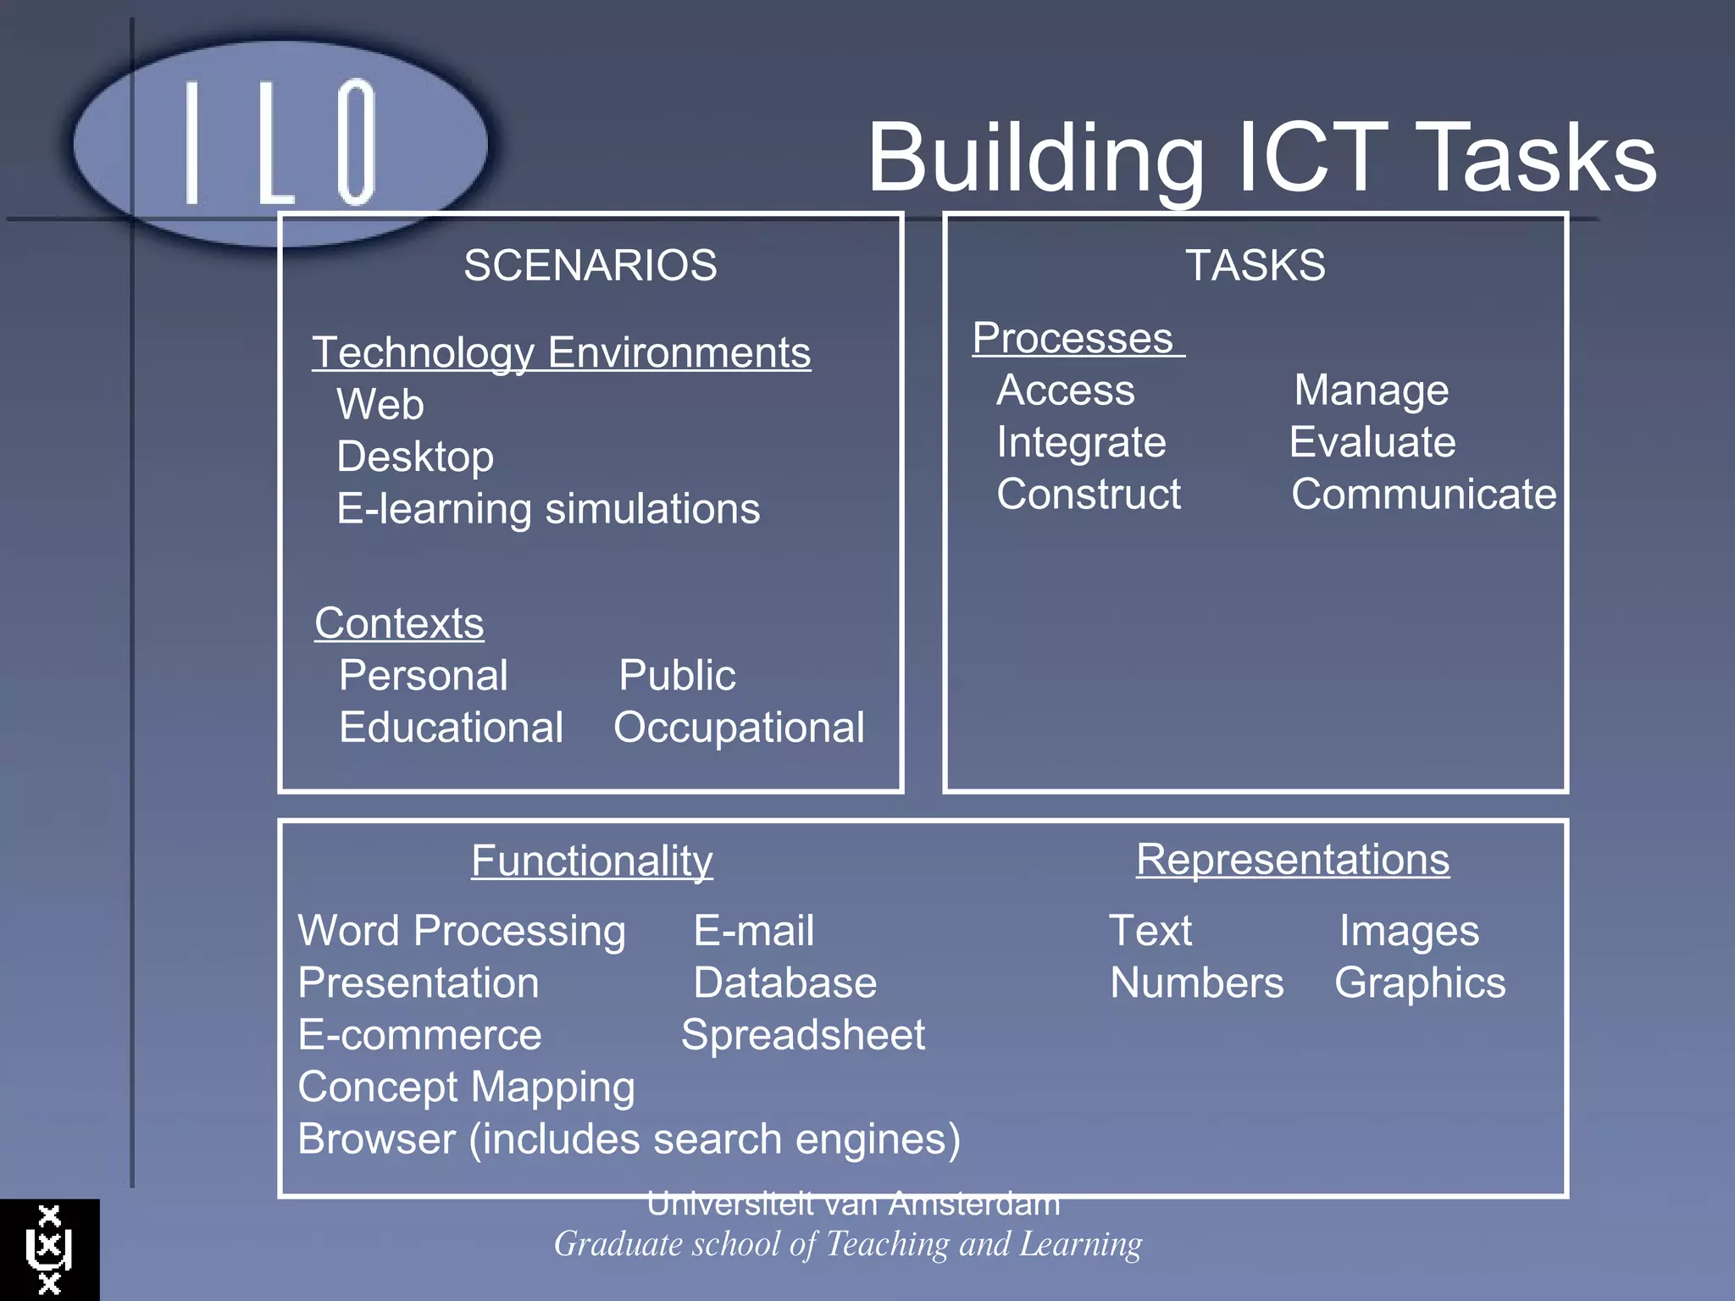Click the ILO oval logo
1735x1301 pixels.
[280, 142]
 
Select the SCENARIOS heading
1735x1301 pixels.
[590, 265]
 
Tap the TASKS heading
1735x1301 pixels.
[1255, 265]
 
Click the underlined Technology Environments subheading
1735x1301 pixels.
[561, 352]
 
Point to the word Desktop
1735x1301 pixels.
[415, 457]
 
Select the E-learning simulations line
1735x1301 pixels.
[548, 509]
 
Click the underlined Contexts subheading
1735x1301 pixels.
[399, 623]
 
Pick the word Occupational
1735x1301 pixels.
[739, 728]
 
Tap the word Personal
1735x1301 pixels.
[423, 675]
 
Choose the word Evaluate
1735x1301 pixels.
[1372, 442]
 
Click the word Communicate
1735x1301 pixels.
[1423, 494]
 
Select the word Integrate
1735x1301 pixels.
[1081, 442]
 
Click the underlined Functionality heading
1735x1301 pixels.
[591, 861]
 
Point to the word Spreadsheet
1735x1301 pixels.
[803, 1035]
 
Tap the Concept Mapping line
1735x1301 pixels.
[466, 1087]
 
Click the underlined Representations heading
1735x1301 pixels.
[1292, 860]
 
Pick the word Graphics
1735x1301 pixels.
[1420, 983]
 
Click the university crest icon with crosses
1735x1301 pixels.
[49, 1249]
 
